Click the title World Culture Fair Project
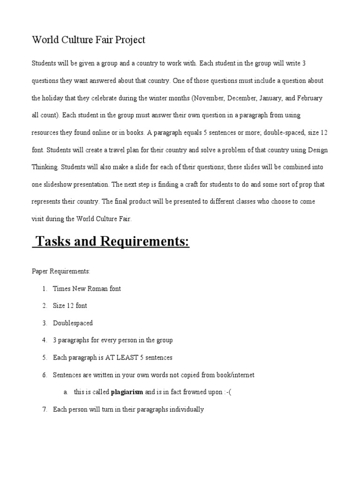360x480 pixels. point(89,40)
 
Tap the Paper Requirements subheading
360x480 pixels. point(60,271)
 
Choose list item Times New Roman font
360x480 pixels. point(87,289)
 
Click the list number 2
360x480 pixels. point(44,306)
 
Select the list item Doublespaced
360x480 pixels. point(73,323)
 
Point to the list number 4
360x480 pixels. point(44,340)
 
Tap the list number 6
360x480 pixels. point(44,375)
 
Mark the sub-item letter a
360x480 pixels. point(65,392)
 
